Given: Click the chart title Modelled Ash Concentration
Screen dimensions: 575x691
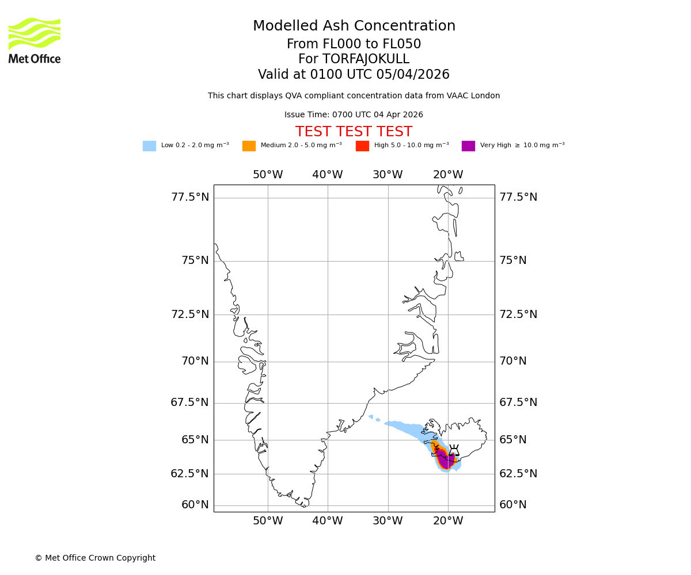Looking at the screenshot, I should click(x=354, y=26).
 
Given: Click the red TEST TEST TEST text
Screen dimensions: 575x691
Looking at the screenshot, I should click(x=354, y=132).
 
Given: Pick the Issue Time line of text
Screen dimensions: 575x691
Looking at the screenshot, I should click(x=354, y=115).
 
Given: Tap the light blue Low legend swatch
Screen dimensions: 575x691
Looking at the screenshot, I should click(x=149, y=146).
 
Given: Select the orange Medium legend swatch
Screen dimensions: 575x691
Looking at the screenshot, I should click(x=249, y=146).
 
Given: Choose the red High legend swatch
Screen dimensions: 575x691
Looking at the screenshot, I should click(x=362, y=146).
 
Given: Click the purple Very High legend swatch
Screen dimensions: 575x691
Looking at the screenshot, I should click(x=468, y=146).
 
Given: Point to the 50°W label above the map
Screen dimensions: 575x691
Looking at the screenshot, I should click(x=268, y=175).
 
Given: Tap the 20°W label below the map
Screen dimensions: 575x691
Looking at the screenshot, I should click(x=448, y=521).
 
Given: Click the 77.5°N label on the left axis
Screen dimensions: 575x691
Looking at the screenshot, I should click(x=190, y=197).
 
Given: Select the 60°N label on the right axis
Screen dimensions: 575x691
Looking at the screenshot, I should click(x=513, y=505).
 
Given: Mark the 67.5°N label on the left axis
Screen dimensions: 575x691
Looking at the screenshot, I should click(x=189, y=402).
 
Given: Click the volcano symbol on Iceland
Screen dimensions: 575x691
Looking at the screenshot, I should click(x=454, y=450).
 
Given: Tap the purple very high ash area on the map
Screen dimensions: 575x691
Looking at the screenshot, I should click(x=445, y=460).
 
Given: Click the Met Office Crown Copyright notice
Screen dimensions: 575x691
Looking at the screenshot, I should click(x=95, y=558).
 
